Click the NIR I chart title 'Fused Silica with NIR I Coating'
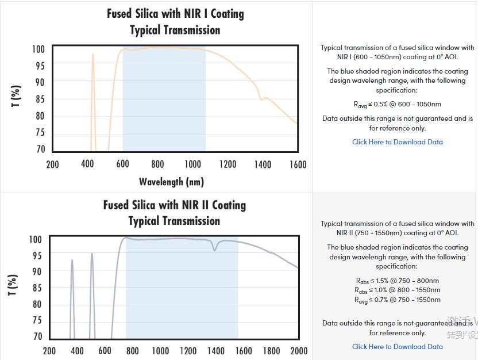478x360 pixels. point(175,14)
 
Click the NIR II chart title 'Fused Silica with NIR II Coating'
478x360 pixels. point(174,205)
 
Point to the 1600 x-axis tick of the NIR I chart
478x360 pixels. point(298,164)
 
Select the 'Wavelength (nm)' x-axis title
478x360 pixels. point(171,182)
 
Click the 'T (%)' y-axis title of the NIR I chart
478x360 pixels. point(16,95)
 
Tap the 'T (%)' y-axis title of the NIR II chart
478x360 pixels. point(13,285)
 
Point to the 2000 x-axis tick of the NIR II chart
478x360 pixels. point(299,351)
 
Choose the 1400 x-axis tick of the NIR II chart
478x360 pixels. point(215,351)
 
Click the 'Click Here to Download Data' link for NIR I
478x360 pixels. point(397,142)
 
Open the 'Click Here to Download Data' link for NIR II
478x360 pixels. point(397,347)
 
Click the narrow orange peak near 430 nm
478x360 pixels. point(92,55)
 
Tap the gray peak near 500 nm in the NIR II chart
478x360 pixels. point(91,254)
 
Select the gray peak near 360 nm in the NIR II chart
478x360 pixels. point(72,261)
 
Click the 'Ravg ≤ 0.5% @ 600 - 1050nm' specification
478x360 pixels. point(397,105)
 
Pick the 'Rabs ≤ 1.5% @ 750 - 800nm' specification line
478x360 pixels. point(397,281)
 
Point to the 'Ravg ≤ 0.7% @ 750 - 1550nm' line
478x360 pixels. point(397,300)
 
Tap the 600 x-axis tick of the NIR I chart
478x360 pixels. point(122,164)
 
